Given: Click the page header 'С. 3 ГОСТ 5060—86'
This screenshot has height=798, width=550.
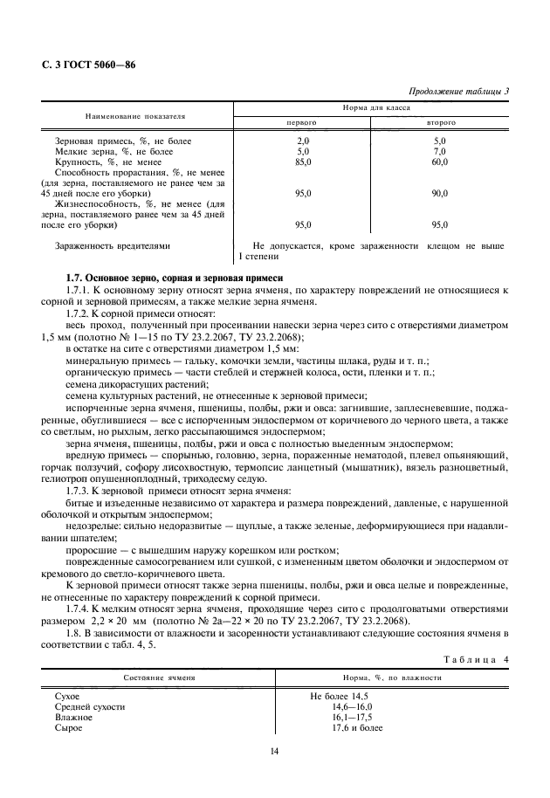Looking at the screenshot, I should pos(88,65).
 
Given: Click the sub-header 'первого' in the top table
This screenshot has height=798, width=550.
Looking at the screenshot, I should pos(302,123).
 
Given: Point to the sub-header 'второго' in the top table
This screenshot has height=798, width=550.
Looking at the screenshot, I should pos(440,123).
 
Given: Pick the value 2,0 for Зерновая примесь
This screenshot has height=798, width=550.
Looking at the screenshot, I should pos(303,141).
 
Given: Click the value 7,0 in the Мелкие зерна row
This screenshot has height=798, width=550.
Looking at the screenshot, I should pos(440,151).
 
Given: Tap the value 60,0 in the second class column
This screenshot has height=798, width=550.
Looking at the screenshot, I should pos(440,162).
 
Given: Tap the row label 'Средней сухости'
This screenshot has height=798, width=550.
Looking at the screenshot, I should pos(90,705).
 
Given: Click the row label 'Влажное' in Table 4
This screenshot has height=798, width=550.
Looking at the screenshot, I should pos(73,716).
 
